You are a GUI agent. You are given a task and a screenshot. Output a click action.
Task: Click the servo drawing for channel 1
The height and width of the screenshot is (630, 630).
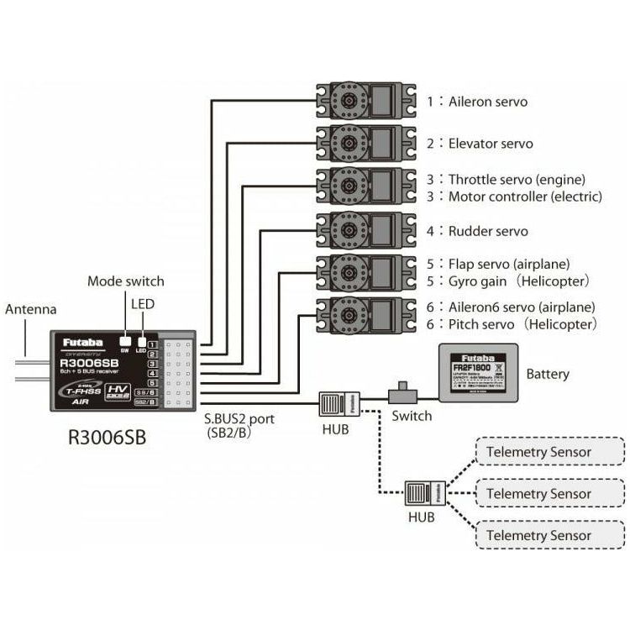366,100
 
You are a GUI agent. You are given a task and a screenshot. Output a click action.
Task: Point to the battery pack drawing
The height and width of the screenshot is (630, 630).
475,374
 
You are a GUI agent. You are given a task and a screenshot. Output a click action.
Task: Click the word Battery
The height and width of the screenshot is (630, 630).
548,374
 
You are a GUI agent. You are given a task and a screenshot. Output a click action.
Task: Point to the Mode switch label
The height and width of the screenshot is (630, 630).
126,281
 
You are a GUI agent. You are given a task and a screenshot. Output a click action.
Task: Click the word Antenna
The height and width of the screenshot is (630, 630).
31,309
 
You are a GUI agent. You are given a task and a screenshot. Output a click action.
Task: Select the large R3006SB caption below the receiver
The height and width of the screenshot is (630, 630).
112,437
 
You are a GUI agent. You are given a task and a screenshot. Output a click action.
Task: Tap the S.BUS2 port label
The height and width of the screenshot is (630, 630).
239,424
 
